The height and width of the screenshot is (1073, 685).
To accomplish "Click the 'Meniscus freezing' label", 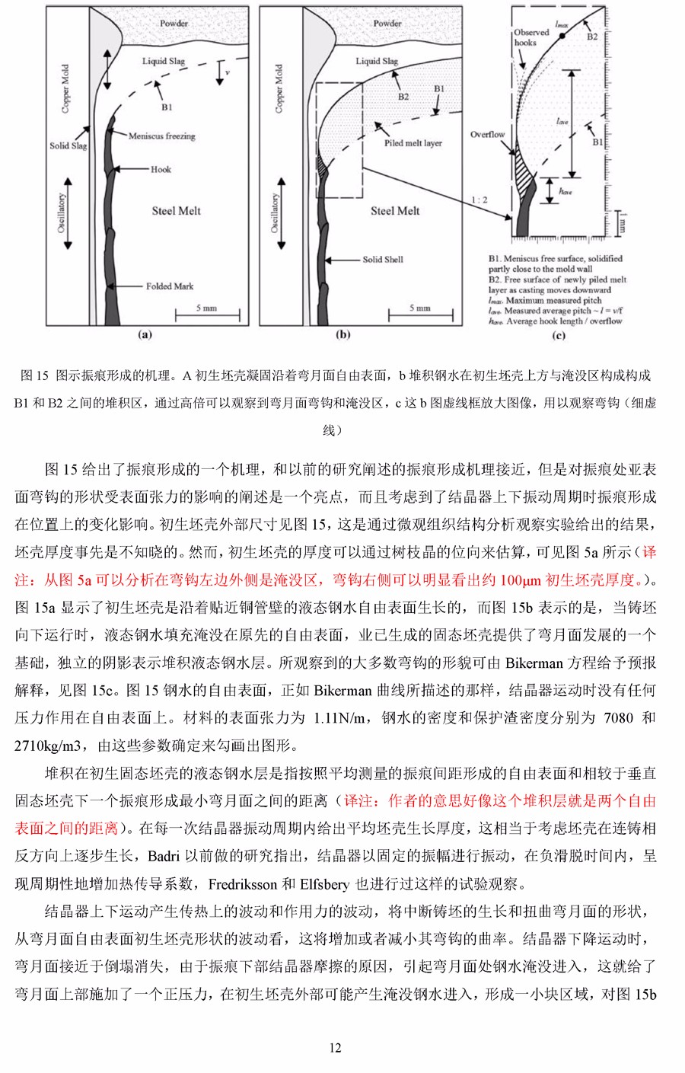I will [161, 136].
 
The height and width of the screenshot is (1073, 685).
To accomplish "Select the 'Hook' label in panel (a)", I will [161, 169].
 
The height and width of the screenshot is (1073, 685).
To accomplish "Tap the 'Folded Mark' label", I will [170, 286].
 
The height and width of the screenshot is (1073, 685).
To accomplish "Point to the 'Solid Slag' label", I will [68, 145].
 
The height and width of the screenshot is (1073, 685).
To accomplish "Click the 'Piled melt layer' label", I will [413, 143].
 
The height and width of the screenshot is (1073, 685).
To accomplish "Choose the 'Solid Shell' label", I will [383, 260].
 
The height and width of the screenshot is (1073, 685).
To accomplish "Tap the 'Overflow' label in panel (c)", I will [487, 135].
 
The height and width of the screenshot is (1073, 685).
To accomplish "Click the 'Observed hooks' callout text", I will [530, 37].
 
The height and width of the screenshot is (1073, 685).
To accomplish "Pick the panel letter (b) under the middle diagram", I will [343, 334].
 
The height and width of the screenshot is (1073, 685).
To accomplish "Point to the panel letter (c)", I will [559, 334].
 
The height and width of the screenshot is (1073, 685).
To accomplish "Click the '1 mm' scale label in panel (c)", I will [622, 222].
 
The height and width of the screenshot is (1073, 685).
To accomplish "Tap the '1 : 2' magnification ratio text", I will [479, 200].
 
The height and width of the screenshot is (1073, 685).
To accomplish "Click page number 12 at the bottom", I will [335, 1048].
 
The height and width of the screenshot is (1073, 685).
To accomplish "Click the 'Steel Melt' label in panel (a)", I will [176, 211].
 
